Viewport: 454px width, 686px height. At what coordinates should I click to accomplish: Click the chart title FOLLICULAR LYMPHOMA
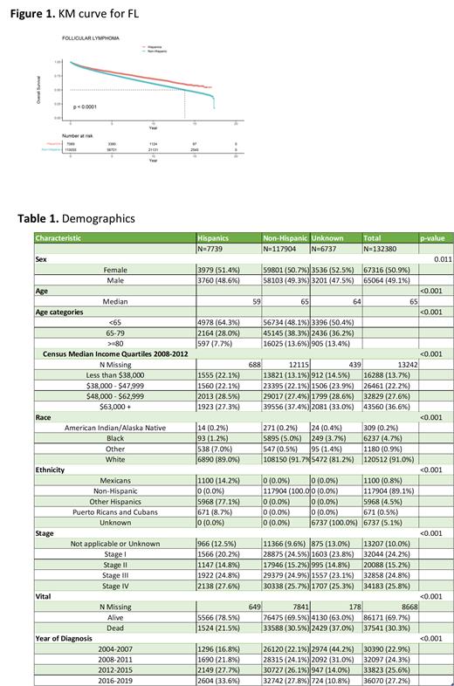91,39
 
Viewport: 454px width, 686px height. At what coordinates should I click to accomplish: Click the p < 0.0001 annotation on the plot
85,106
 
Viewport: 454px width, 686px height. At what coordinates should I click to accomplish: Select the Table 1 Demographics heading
76,218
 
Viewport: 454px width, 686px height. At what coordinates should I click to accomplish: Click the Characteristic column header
58,237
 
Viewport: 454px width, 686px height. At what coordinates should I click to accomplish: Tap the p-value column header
433,237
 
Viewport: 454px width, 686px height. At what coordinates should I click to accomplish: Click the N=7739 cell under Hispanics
214,249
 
